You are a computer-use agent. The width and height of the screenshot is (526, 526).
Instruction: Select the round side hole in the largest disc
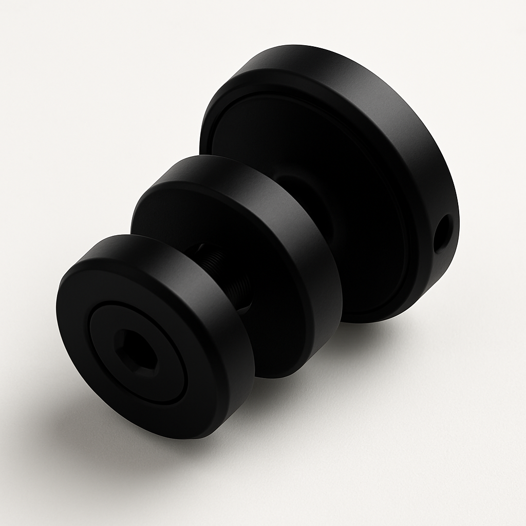[443, 234]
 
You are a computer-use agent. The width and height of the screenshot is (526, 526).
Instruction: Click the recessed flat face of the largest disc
[288, 134]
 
